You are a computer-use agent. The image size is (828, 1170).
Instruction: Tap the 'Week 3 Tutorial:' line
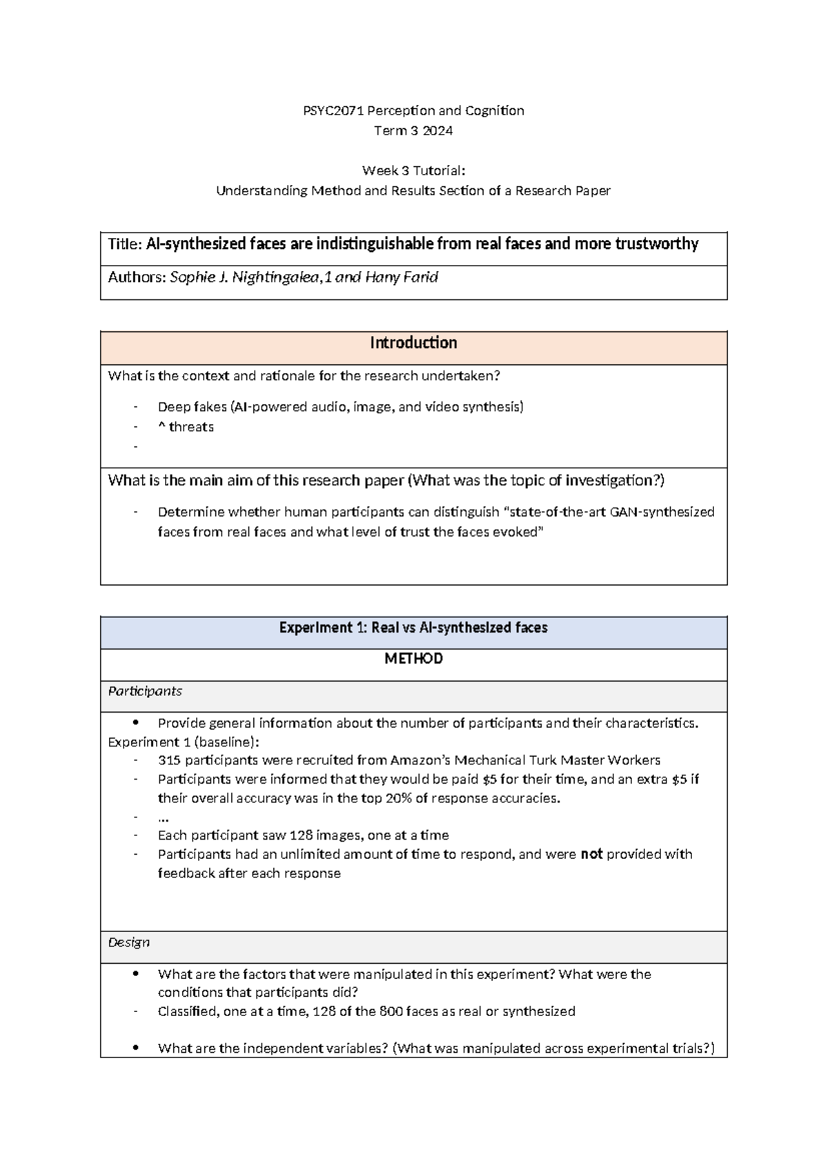pyautogui.click(x=413, y=170)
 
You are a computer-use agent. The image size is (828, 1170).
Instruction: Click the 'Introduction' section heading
pyautogui.click(x=413, y=343)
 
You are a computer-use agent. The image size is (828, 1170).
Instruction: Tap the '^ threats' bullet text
pyautogui.click(x=186, y=427)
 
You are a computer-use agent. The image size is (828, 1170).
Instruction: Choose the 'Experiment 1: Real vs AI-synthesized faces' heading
pyautogui.click(x=413, y=628)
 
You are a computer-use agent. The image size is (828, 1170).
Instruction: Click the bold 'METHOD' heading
pyautogui.click(x=413, y=659)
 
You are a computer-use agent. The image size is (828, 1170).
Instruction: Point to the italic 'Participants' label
pyautogui.click(x=145, y=691)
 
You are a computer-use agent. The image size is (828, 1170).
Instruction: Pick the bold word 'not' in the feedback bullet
pyautogui.click(x=591, y=854)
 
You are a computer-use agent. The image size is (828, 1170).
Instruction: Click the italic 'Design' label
pyautogui.click(x=129, y=942)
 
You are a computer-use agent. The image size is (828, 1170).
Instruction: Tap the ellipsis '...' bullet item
pyautogui.click(x=164, y=817)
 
